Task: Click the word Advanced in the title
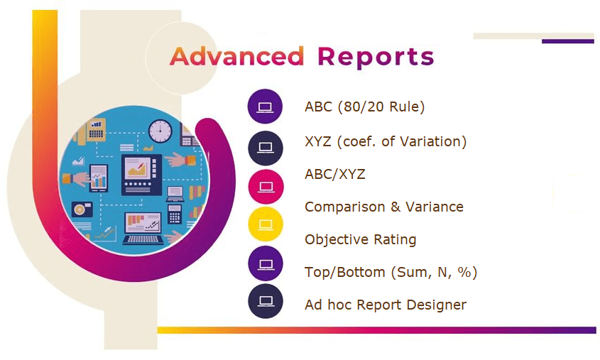237,57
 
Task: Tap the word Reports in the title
376,58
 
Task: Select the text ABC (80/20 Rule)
365,107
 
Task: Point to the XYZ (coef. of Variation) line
386,141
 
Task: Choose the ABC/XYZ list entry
335,175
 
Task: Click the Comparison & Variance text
384,207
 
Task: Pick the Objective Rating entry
361,240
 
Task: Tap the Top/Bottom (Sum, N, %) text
391,273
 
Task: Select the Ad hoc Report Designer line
386,305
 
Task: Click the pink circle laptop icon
266,187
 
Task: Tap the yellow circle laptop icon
266,224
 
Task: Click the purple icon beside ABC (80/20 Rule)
265,107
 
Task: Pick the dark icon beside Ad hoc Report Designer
266,301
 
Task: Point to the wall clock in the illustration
160,131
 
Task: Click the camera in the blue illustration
82,209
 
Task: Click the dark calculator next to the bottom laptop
175,214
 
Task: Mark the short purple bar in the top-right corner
568,41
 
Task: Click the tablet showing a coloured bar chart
98,179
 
